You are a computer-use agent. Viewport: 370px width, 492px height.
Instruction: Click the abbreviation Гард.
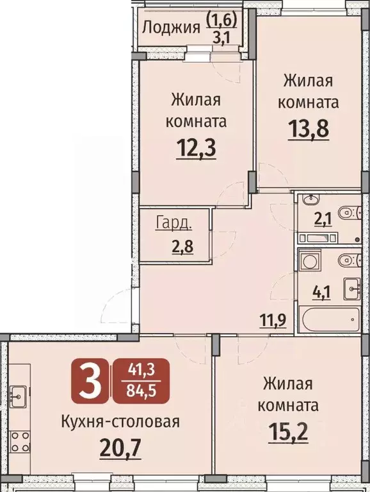point(173,223)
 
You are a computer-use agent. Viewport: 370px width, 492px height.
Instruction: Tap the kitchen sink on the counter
point(17,393)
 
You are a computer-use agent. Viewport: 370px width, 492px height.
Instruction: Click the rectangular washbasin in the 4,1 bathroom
point(353,290)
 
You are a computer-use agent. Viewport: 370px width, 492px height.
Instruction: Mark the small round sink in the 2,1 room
point(309,198)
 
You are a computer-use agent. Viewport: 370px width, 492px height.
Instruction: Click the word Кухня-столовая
point(120,421)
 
